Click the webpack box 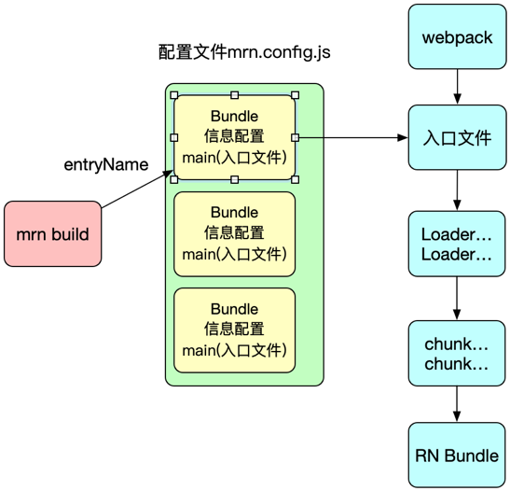tap(457, 36)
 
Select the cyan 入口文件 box tap(457, 137)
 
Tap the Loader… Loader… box tap(457, 244)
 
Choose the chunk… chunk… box tap(457, 353)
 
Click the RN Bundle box tap(457, 456)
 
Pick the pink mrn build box tap(53, 233)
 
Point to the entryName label tap(106, 164)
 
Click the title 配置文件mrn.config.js tap(244, 52)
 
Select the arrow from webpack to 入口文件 tap(457, 87)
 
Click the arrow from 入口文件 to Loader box tap(457, 190)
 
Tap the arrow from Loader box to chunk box tap(457, 299)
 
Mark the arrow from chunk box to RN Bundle tap(457, 404)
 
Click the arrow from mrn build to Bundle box tap(137, 189)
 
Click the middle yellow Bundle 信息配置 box tap(235, 234)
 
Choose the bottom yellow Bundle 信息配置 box tap(235, 330)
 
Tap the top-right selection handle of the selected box tap(295, 95)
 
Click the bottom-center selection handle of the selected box tap(235, 179)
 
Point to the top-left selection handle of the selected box tap(174, 95)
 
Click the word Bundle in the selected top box tap(235, 117)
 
